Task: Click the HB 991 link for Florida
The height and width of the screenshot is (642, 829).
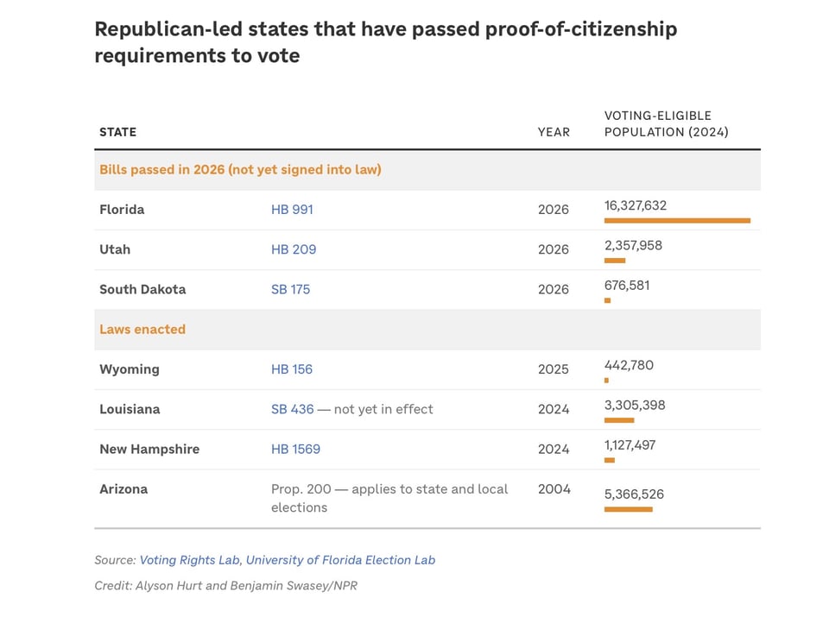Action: coord(292,210)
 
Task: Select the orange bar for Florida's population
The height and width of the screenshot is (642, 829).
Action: coord(677,221)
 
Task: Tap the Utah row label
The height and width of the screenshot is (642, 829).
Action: coord(115,249)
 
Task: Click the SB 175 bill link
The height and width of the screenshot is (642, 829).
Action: coord(290,289)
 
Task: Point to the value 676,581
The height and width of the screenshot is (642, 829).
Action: coord(627,285)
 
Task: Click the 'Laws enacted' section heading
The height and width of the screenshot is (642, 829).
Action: coord(142,329)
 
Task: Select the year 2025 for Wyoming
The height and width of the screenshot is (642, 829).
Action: coord(554,369)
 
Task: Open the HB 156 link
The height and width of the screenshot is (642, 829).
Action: coord(292,369)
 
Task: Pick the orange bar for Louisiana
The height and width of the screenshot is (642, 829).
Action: coord(619,420)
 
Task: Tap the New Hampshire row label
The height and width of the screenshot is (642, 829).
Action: coord(149,449)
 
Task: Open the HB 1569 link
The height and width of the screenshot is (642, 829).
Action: coord(295,449)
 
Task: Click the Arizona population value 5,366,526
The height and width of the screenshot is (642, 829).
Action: coord(634,494)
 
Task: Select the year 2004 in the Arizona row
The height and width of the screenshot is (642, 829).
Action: coord(554,488)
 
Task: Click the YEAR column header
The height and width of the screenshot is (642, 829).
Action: coord(554,132)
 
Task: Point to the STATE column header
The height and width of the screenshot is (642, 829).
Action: coord(117,132)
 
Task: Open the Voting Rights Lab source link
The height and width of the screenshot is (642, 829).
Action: coord(189,560)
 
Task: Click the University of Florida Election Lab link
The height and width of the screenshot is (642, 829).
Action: coord(340,560)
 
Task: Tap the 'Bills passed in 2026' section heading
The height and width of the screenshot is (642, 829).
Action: coord(240,169)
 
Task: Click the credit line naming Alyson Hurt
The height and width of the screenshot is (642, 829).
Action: coord(225,586)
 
